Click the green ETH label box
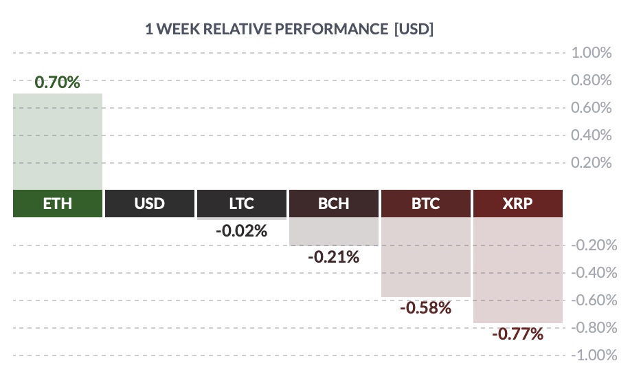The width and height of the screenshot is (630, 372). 58,204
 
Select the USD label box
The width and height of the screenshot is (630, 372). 150,204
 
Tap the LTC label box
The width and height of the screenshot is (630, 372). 241,204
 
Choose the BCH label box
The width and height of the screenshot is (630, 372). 333,204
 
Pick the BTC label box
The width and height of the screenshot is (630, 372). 425,204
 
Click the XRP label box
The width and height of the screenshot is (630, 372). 518,204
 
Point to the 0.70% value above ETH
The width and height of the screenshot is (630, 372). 57,82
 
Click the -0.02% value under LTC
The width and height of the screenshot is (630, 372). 241,231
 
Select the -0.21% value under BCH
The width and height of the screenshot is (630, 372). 333,256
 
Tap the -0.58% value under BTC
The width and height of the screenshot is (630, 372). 425,308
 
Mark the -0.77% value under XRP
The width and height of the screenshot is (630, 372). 517,333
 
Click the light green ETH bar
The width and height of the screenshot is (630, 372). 58,142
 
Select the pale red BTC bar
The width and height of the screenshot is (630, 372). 425,257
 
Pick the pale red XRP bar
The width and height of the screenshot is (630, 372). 518,270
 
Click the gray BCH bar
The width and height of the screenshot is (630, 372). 333,231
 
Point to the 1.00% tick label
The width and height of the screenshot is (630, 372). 592,53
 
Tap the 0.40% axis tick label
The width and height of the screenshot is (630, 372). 592,135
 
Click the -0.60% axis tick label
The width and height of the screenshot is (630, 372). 594,300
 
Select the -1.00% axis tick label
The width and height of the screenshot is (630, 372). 594,355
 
